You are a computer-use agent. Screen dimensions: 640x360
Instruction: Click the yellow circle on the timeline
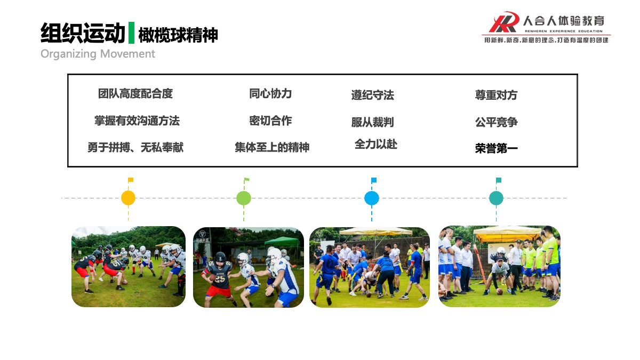click(128, 198)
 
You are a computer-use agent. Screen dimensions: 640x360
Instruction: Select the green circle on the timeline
click(244, 198)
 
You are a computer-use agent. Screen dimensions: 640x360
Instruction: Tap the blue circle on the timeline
click(372, 198)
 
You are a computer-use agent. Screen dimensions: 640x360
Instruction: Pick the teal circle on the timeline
click(497, 198)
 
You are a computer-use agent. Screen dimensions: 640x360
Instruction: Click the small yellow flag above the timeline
click(131, 180)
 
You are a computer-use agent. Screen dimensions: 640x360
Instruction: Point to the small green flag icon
click(246, 180)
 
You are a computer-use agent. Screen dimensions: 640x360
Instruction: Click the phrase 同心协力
click(270, 94)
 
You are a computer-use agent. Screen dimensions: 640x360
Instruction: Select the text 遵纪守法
click(373, 95)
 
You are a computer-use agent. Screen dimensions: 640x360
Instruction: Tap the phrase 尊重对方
click(497, 95)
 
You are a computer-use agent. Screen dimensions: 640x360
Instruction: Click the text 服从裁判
click(373, 122)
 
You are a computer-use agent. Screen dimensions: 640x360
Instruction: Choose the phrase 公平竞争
click(497, 122)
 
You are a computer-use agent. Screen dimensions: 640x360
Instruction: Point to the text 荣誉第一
click(497, 148)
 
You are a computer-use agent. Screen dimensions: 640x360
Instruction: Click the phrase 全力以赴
click(375, 145)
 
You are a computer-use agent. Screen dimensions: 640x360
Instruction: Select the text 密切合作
click(270, 121)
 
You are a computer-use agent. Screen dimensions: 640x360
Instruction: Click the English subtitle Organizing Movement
click(98, 54)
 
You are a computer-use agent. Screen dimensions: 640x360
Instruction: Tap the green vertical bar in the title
click(131, 33)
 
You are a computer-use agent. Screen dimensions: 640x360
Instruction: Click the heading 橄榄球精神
click(178, 35)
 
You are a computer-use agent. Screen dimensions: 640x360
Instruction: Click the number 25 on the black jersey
click(220, 279)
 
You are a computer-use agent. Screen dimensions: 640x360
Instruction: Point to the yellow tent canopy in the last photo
click(508, 234)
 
